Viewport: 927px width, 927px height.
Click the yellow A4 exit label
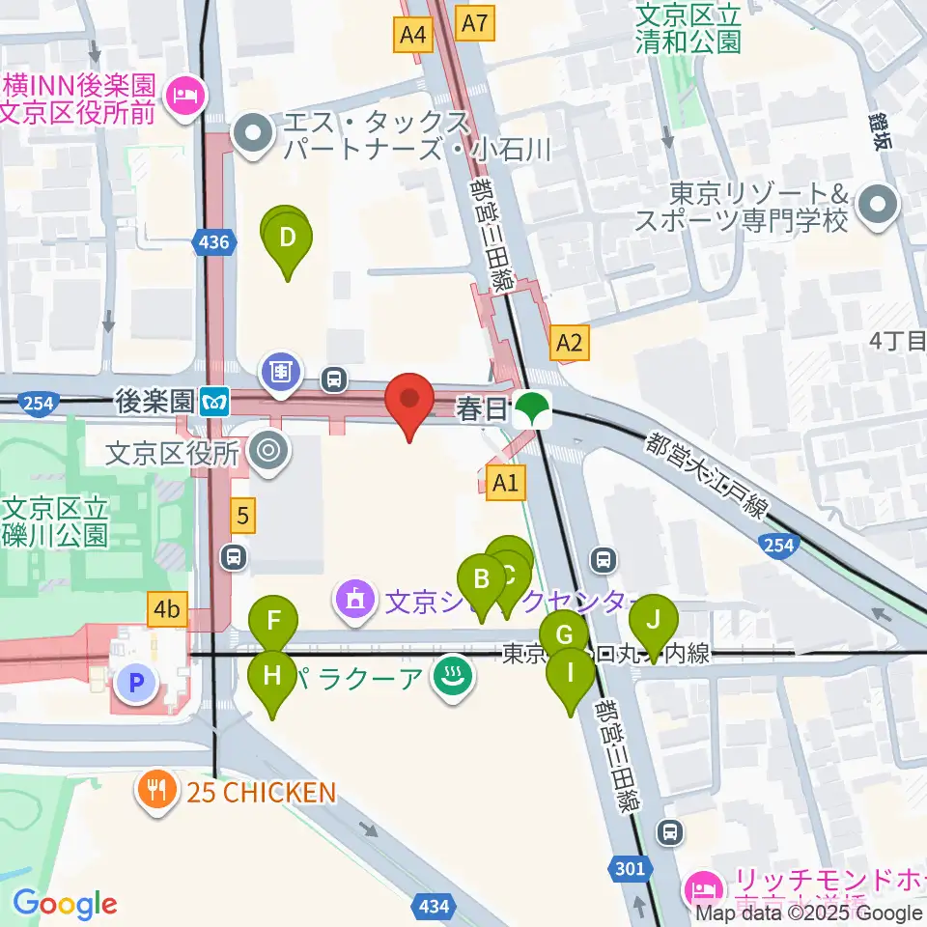click(x=412, y=36)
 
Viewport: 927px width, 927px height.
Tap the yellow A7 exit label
click(x=476, y=22)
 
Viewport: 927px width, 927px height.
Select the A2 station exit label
click(x=569, y=342)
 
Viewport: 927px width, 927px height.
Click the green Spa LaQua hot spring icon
click(x=450, y=673)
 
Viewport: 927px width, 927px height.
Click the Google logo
click(x=65, y=904)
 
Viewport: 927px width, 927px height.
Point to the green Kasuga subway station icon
click(x=530, y=409)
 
